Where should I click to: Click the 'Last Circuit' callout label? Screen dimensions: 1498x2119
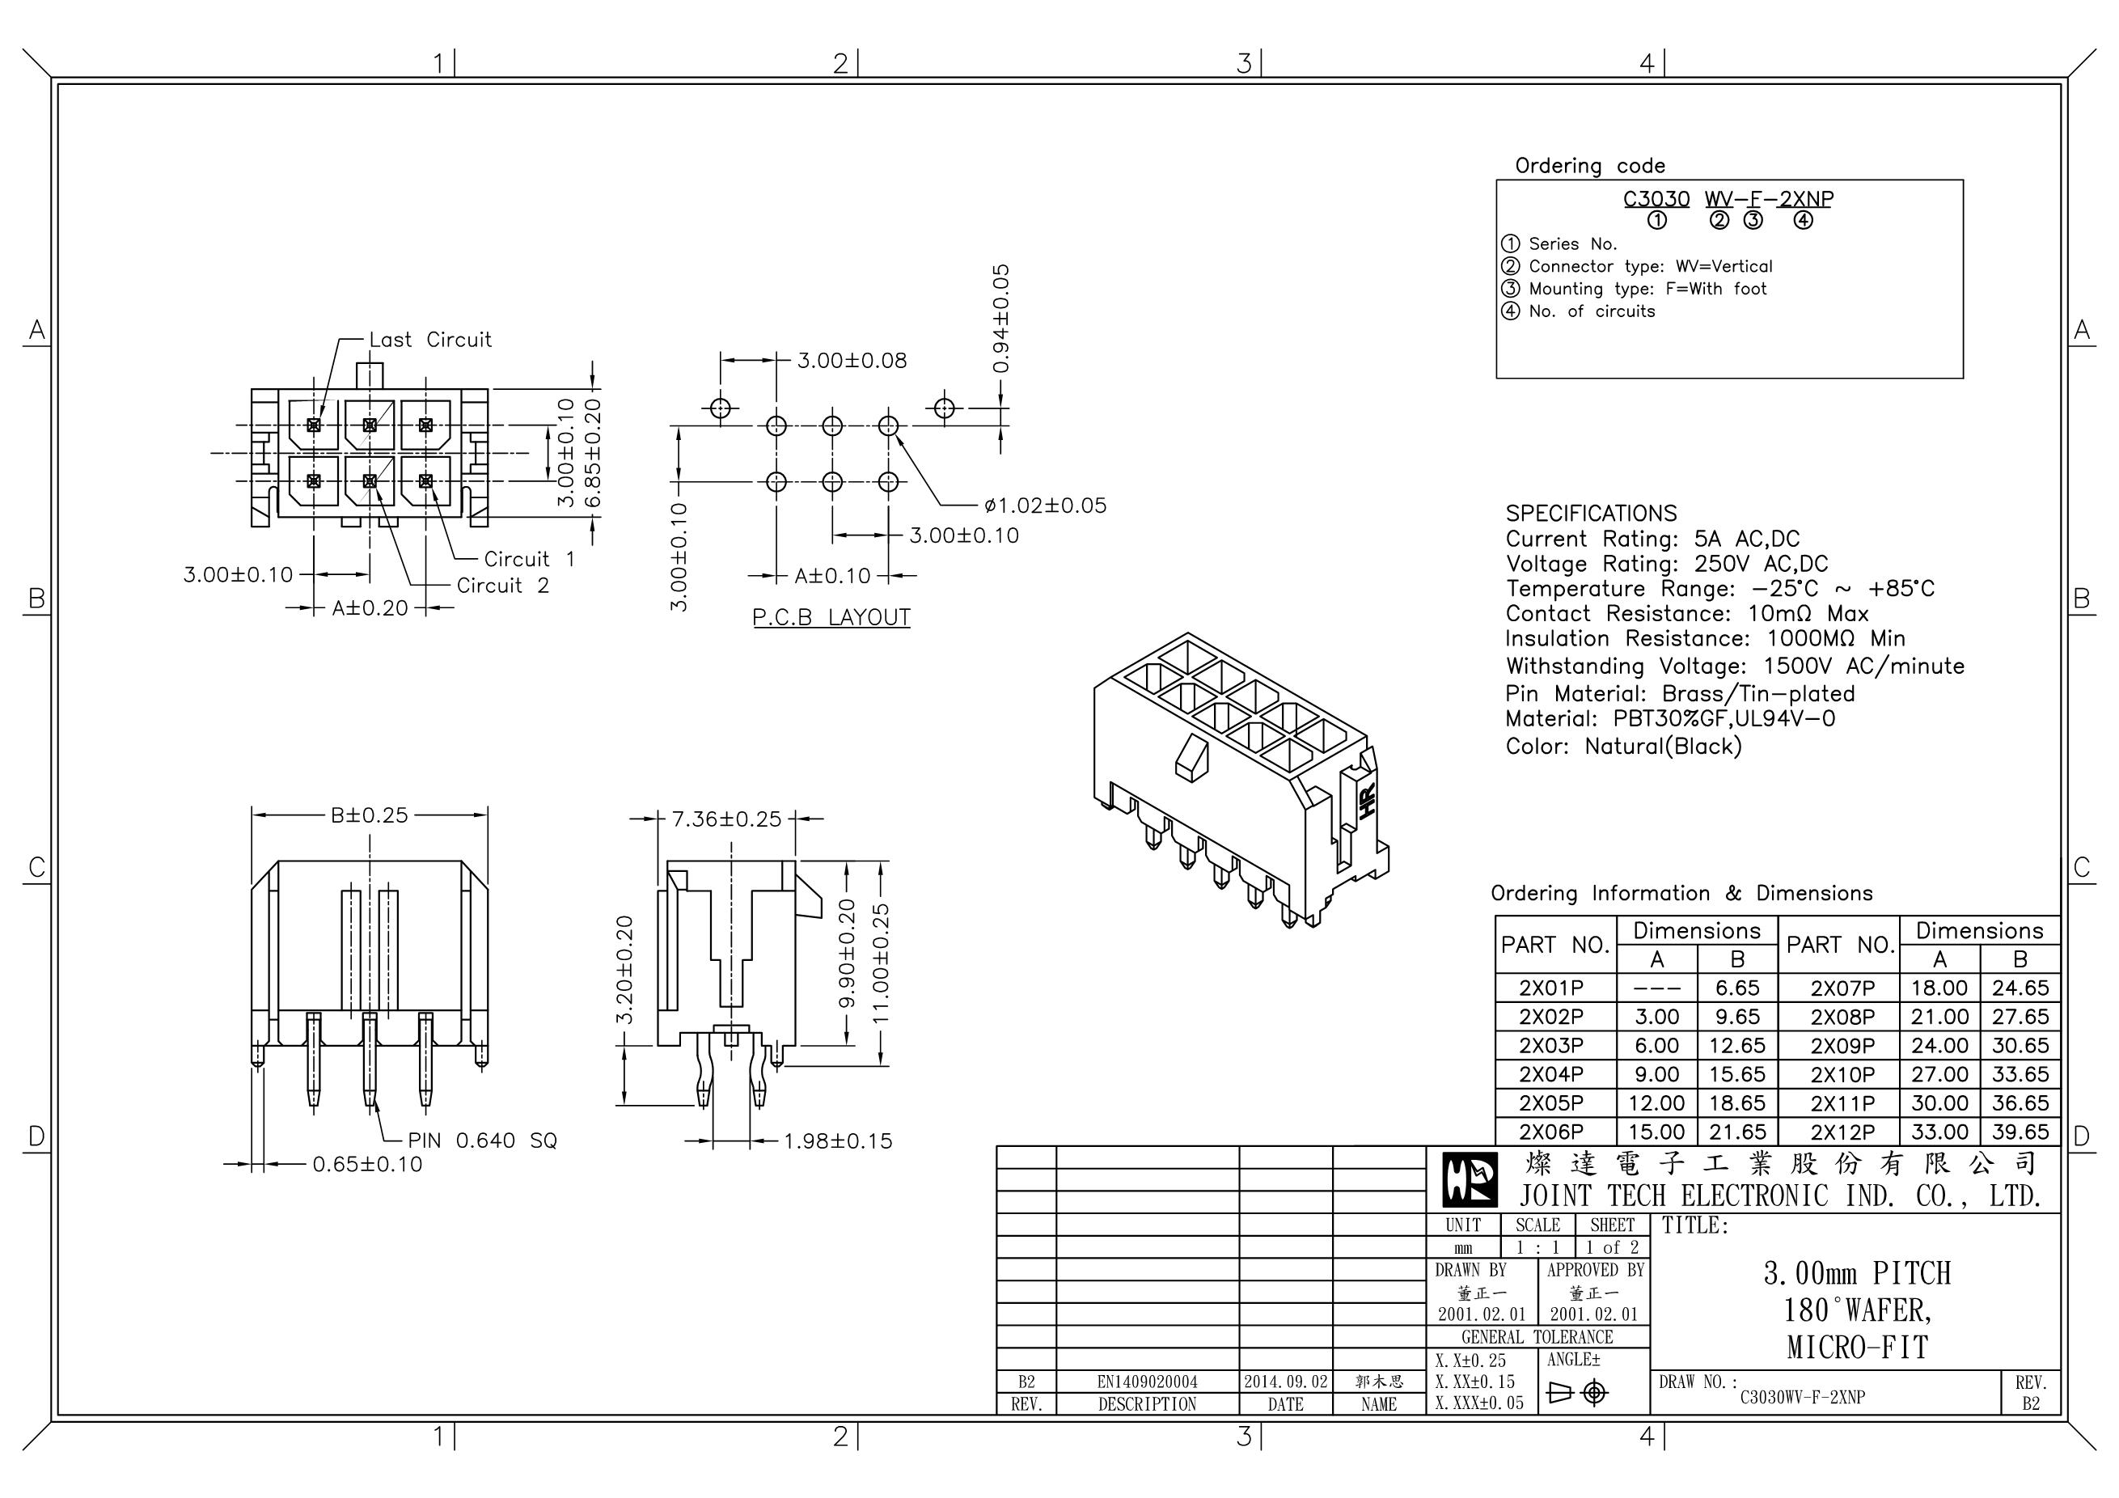tap(430, 340)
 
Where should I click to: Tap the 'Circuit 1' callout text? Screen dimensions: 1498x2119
tap(529, 560)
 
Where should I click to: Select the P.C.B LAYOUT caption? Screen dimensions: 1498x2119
tap(831, 617)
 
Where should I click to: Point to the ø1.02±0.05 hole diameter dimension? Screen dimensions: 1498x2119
tap(1045, 506)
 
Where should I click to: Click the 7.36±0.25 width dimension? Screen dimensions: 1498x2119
tap(726, 819)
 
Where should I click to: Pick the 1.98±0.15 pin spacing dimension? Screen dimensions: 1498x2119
tap(838, 1140)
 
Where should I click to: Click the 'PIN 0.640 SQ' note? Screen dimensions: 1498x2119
tap(483, 1140)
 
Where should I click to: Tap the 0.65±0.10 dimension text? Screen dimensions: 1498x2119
tap(367, 1165)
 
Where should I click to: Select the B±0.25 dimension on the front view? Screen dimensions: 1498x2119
tap(369, 816)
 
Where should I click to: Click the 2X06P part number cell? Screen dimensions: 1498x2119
tap(1551, 1132)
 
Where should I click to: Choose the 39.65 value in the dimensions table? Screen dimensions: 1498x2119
tap(2020, 1132)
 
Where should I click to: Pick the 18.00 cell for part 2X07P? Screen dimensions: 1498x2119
tap(1939, 988)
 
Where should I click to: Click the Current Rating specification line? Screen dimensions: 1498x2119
tap(1652, 539)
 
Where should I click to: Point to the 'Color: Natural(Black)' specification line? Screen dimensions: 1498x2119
tap(1623, 746)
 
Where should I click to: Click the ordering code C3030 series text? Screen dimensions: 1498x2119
tap(1656, 199)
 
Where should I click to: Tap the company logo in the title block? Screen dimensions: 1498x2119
tap(1470, 1180)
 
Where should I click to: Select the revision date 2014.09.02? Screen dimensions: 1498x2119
tap(1286, 1382)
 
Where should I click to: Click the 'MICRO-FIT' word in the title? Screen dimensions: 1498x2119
tap(1857, 1348)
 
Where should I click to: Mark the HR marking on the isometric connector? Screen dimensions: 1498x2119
tap(1368, 799)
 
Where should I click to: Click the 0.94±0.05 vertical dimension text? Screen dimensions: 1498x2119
tap(1001, 319)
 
